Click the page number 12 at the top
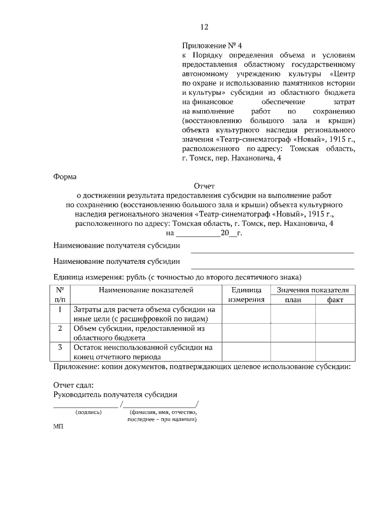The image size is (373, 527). (x=204, y=27)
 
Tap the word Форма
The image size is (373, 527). (x=65, y=175)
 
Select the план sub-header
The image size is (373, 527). (x=293, y=300)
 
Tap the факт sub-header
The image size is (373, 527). (x=335, y=300)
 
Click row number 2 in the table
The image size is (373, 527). (x=60, y=328)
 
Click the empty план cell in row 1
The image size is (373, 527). (x=293, y=314)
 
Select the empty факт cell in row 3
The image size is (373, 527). (x=335, y=352)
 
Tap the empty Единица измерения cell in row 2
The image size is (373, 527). (x=247, y=333)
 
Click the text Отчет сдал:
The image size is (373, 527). (x=73, y=385)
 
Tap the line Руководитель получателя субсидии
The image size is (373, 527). (x=115, y=394)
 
